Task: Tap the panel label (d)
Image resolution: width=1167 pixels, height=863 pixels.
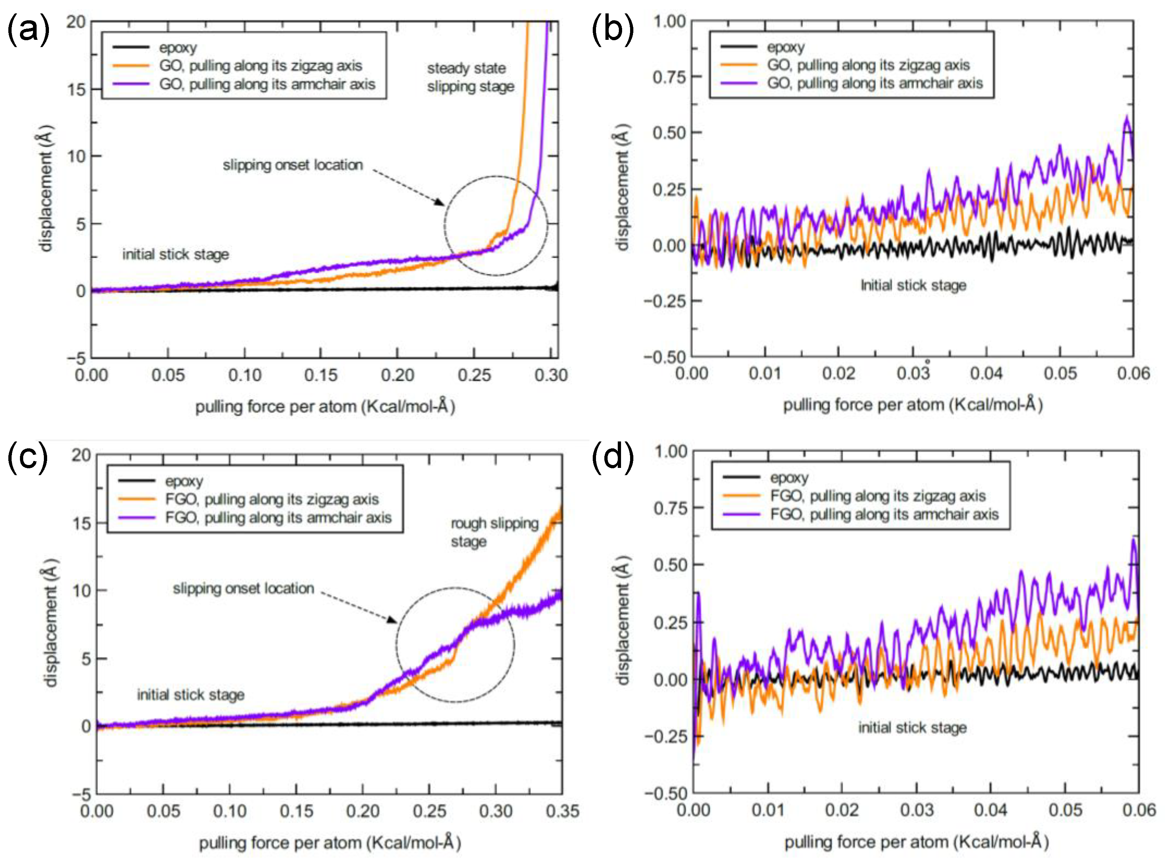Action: (x=612, y=457)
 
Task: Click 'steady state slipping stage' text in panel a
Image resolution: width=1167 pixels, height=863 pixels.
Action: (x=470, y=77)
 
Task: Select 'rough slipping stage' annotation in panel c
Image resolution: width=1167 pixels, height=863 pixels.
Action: (x=494, y=532)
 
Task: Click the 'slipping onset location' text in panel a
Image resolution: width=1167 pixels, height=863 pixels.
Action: (x=293, y=165)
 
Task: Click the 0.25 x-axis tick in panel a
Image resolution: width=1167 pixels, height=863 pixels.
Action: (x=474, y=375)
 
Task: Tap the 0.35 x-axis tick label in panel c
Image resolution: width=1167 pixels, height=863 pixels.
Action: (x=562, y=811)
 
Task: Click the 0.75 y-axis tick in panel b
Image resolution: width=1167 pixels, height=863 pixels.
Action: (x=669, y=77)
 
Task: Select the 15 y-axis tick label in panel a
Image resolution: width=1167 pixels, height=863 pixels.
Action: (x=76, y=89)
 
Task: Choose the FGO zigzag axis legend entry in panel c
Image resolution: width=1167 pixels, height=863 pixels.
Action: (x=272, y=499)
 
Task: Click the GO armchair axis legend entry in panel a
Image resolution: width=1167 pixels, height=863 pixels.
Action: (x=267, y=84)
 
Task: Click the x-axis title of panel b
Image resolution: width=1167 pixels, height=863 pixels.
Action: (x=913, y=405)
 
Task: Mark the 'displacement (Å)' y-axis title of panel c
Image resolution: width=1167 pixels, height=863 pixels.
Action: (x=51, y=622)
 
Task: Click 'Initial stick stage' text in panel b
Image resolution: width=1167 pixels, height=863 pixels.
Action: (x=913, y=285)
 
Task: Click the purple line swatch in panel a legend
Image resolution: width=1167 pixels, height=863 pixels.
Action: (x=131, y=84)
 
